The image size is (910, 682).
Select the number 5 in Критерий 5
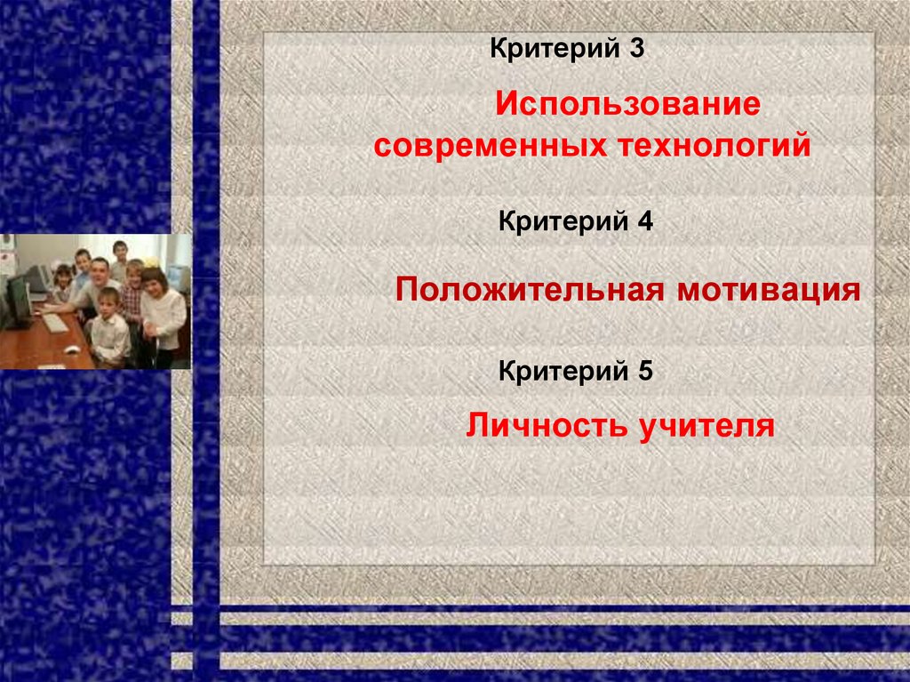click(x=644, y=370)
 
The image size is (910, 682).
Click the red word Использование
click(x=628, y=106)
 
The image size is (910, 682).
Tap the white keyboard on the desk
click(x=55, y=323)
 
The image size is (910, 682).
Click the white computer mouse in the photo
click(x=72, y=349)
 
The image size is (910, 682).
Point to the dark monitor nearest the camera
click(x=18, y=299)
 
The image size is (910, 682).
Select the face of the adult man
click(x=100, y=269)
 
